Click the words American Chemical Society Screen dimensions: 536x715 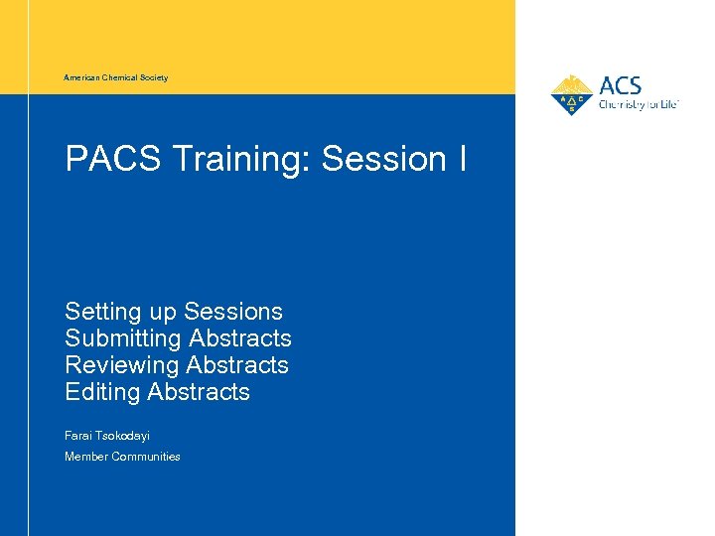click(116, 77)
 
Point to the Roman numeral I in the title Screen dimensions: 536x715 click(463, 159)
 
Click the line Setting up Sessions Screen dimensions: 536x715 click(174, 312)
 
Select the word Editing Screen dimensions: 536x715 click(102, 392)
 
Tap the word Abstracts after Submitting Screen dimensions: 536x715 click(240, 338)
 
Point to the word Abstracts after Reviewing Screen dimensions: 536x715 click(237, 365)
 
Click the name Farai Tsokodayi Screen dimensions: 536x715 click(107, 436)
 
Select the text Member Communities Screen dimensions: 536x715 click(122, 457)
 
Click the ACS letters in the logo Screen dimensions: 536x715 click(621, 85)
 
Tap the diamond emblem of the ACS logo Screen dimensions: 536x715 click(571, 96)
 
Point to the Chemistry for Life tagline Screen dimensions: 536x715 click(638, 104)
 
